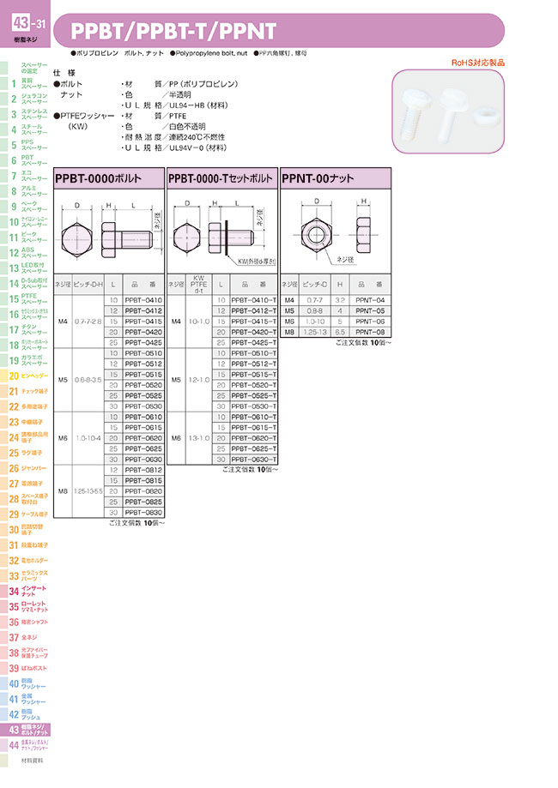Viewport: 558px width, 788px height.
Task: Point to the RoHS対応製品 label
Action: pyautogui.click(x=478, y=63)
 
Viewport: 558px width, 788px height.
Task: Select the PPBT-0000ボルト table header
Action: pyautogui.click(x=109, y=177)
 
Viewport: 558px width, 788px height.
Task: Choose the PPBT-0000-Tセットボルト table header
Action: pyautogui.click(x=222, y=177)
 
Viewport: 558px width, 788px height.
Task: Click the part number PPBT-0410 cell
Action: pyautogui.click(x=143, y=299)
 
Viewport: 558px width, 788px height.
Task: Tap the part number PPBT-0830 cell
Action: pyautogui.click(x=143, y=512)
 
